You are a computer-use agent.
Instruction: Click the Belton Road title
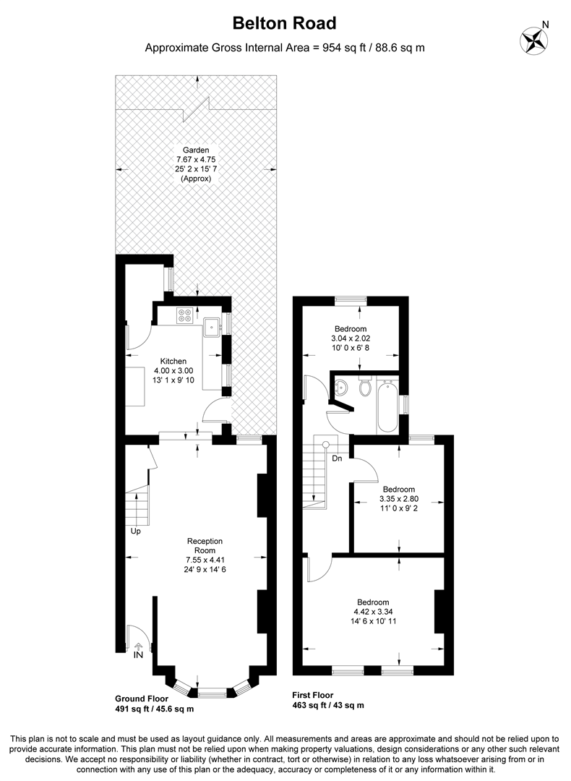[x=285, y=23]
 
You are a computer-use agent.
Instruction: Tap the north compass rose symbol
[x=533, y=39]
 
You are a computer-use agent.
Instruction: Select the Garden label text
[x=196, y=150]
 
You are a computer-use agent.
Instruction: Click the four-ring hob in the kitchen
[x=185, y=315]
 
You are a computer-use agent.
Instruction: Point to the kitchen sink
[x=213, y=327]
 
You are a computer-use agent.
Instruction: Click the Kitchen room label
[x=173, y=361]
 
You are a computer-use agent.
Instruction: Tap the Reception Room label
[x=205, y=545]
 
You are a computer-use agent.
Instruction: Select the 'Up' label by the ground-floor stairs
[x=136, y=531]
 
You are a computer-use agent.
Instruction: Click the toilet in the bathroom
[x=366, y=387]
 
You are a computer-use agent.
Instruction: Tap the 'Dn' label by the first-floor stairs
[x=337, y=458]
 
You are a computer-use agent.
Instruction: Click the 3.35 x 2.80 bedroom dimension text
[x=399, y=498]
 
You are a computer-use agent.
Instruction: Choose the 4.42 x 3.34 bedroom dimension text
[x=373, y=612]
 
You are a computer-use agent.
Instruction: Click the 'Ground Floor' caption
[x=142, y=699]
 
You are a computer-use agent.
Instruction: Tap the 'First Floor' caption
[x=313, y=696]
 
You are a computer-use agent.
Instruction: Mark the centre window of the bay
[x=212, y=692]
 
